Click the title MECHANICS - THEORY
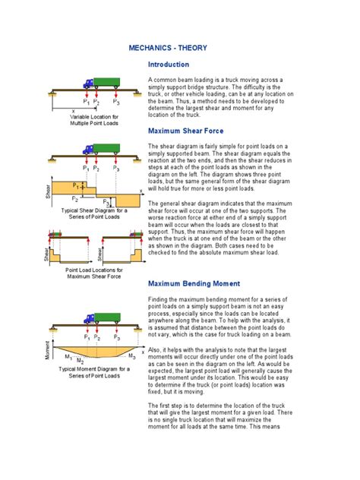tap(179, 48)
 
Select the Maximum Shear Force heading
tap(186, 131)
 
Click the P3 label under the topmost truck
tap(115, 101)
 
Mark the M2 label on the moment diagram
tap(81, 362)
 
